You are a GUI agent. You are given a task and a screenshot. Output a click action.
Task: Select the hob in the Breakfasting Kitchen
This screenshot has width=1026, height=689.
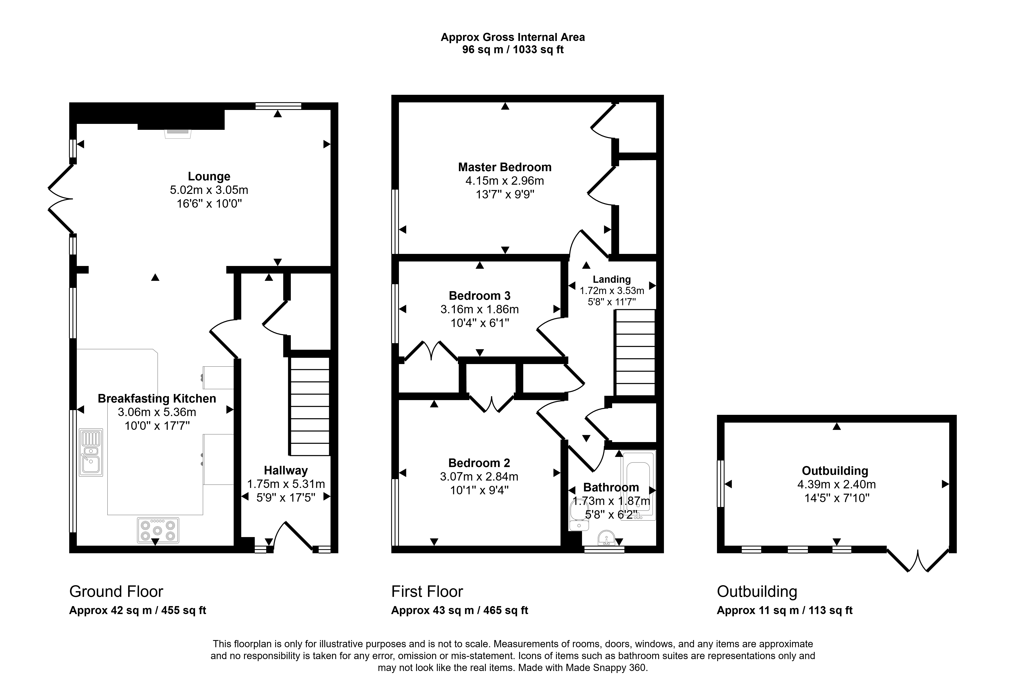(158, 530)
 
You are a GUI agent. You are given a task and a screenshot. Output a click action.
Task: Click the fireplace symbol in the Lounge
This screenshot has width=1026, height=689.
(178, 133)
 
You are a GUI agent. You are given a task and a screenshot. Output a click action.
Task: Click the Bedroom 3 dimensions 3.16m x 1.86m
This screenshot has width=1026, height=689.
(480, 309)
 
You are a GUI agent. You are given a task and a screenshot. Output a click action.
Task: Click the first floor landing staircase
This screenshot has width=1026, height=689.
(635, 353)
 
